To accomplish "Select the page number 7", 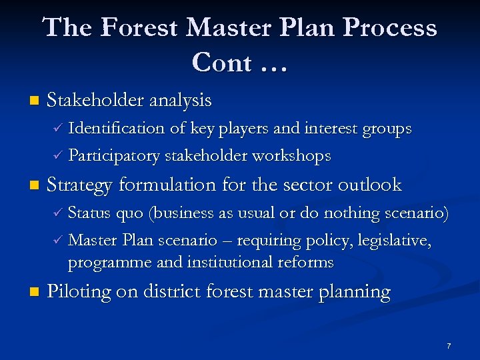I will click(449, 346).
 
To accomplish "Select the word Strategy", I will click(79, 185).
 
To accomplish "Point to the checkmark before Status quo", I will click(57, 213).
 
